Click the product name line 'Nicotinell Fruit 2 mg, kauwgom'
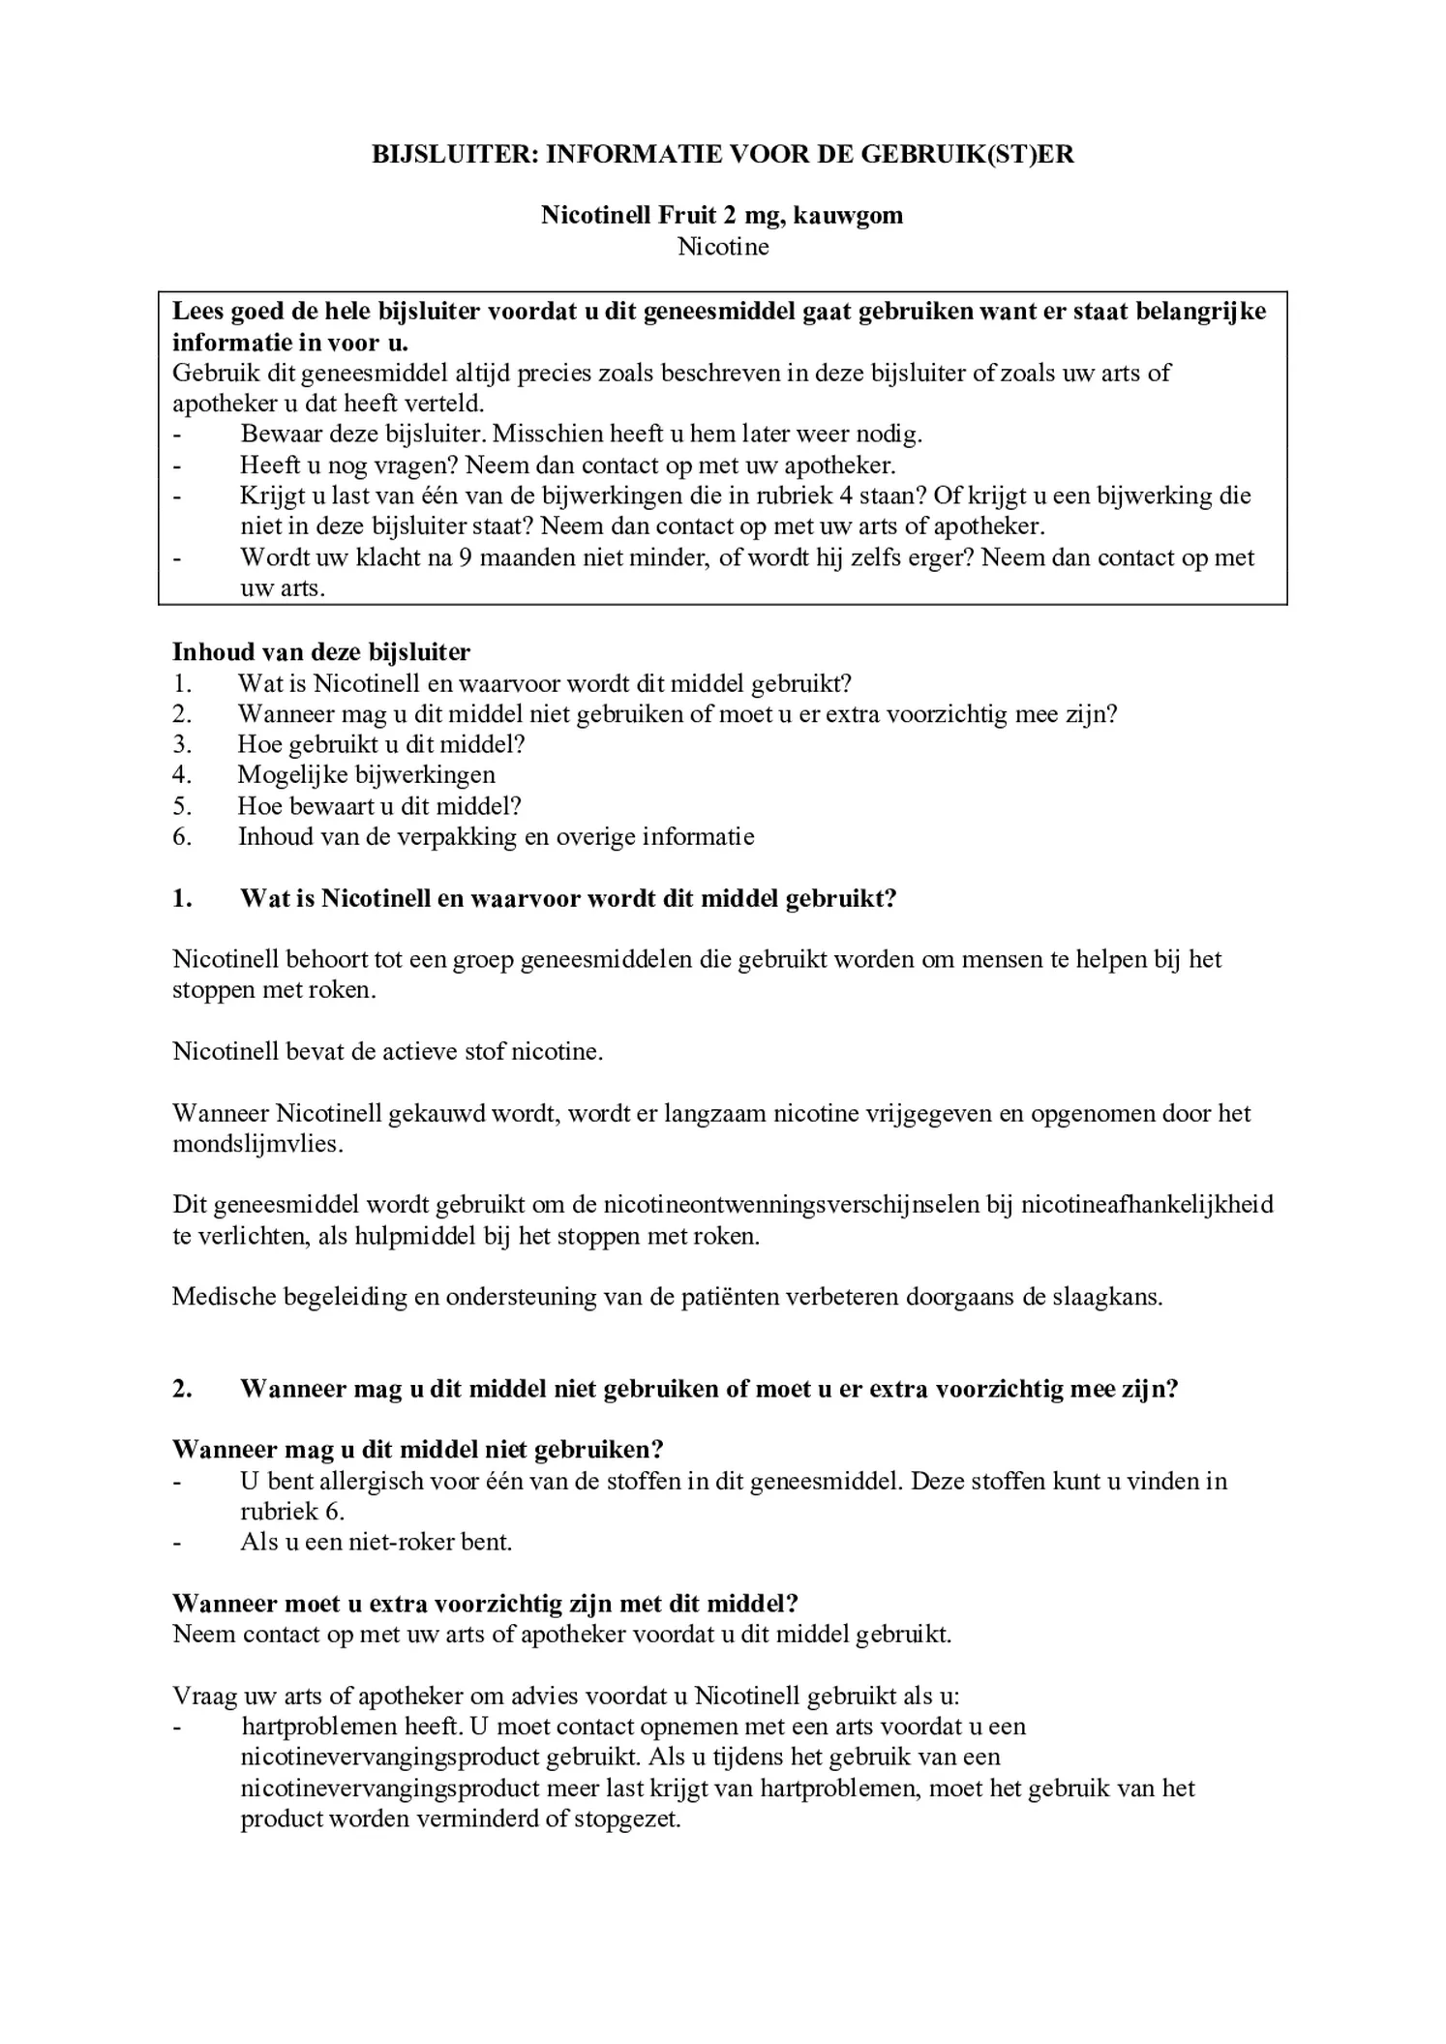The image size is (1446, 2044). coord(722,215)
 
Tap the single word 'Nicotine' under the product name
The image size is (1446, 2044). coord(723,247)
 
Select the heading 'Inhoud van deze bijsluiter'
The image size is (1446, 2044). coord(321,651)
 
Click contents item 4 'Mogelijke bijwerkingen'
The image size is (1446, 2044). coord(366,774)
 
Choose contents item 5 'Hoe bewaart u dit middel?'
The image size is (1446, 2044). coord(378,805)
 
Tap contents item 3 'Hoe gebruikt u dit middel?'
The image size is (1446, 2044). coord(380,744)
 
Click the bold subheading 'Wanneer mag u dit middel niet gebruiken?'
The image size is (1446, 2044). coord(417,1450)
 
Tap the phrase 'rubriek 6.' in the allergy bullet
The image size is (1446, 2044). coord(292,1512)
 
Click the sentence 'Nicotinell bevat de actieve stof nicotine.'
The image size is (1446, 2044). coord(387,1052)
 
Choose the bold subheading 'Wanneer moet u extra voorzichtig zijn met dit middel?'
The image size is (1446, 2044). coord(485,1604)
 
